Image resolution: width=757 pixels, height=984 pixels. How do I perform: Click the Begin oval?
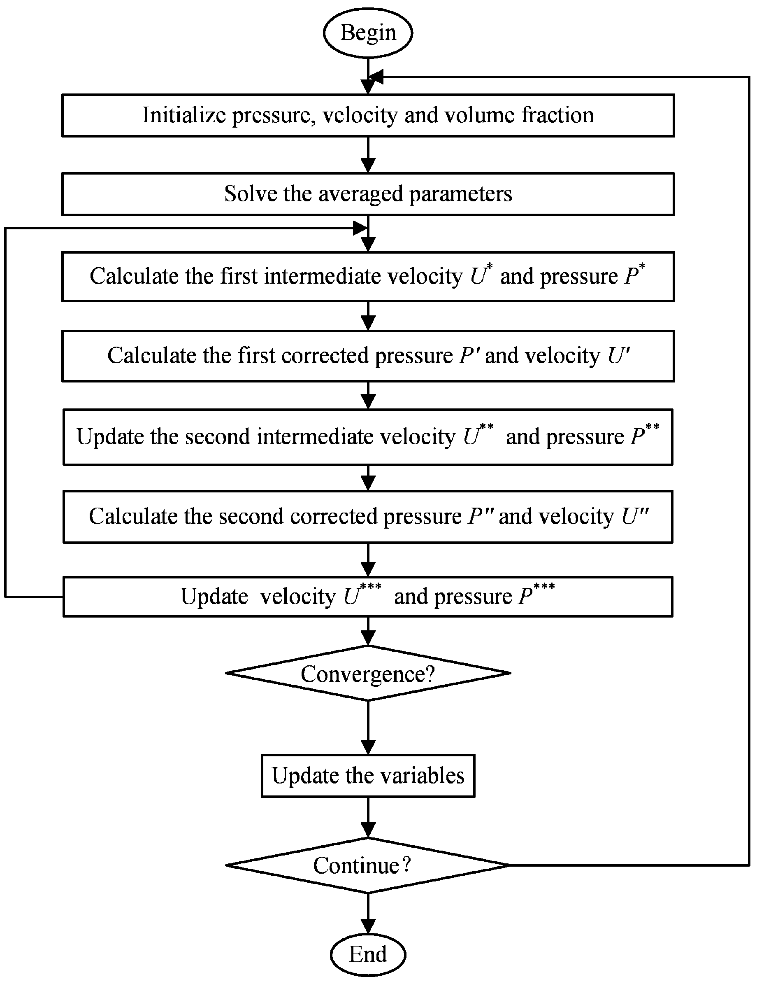pyautogui.click(x=368, y=33)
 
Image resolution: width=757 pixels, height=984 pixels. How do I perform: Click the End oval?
pyautogui.click(x=368, y=954)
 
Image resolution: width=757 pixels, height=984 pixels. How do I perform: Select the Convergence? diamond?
pyautogui.click(x=368, y=674)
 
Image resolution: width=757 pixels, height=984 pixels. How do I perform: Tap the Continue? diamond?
pyautogui.click(x=368, y=865)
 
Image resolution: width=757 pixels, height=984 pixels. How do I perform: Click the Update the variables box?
pyautogui.click(x=368, y=776)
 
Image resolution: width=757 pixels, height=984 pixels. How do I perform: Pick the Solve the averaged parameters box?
pyautogui.click(x=368, y=194)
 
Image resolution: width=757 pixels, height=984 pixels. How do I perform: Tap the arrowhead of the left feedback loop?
pyautogui.click(x=360, y=228)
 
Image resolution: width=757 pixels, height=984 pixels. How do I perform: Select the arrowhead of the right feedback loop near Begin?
pyautogui.click(x=376, y=77)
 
